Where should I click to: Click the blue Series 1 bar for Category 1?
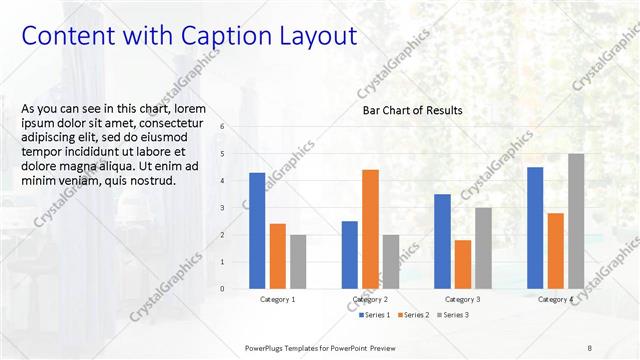coord(257,230)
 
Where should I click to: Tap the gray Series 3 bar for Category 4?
coord(576,221)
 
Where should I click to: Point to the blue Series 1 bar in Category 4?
coord(535,227)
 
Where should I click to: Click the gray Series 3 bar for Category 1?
coord(298,261)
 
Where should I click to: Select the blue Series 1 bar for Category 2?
coord(349,254)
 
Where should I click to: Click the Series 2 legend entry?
coord(414,315)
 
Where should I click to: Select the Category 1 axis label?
coord(277,299)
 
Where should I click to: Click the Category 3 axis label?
coord(462,299)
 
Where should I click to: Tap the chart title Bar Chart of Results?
coord(412,110)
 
